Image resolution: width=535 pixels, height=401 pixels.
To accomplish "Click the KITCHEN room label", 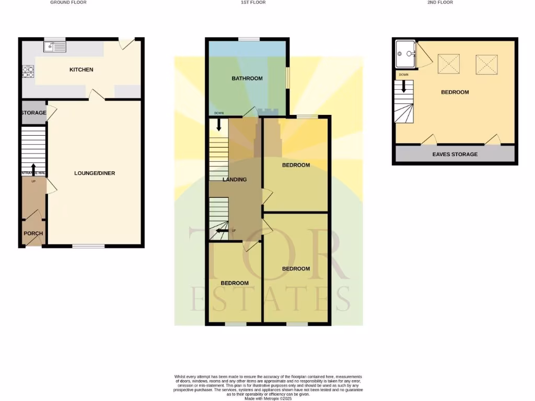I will click(82, 69).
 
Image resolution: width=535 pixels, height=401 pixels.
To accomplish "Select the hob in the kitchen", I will click(27, 72).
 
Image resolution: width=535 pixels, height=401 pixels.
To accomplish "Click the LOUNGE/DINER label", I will click(95, 173).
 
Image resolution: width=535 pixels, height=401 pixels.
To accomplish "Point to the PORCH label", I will click(33, 233).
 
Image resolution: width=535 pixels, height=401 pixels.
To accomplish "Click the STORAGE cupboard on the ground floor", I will click(33, 113).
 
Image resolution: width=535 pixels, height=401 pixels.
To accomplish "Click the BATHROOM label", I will click(247, 78).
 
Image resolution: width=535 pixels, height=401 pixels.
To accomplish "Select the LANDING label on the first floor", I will click(235, 180).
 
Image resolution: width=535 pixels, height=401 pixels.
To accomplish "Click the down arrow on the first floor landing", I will click(219, 124).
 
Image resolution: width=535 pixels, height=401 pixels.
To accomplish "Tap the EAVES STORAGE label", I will click(455, 155).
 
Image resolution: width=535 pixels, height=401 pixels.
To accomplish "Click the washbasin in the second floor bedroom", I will click(404, 54).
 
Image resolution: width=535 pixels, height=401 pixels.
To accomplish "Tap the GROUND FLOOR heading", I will click(68, 3).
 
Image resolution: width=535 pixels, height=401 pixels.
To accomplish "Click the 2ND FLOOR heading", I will click(440, 3).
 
